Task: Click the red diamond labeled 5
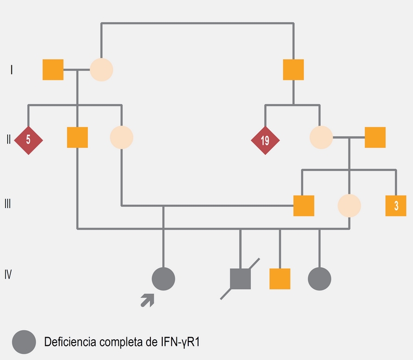coord(28,140)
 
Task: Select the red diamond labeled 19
coord(265,140)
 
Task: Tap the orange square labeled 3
coord(396,206)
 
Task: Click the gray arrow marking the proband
coord(147,300)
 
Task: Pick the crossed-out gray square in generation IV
coord(240,279)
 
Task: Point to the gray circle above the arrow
coord(163,279)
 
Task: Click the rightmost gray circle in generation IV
coord(319,279)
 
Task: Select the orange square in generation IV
coord(279,279)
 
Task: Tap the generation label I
coord(11,70)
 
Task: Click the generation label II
coord(8,140)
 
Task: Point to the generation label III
coord(8,205)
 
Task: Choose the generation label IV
coord(8,274)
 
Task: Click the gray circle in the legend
coord(24,342)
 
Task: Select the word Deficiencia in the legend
coord(68,342)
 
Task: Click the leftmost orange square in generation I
coord(53,70)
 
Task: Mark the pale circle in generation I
coord(101,70)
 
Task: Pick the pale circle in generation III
coord(349,206)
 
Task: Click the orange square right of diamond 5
coord(77,137)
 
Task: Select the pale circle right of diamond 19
coord(321,137)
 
